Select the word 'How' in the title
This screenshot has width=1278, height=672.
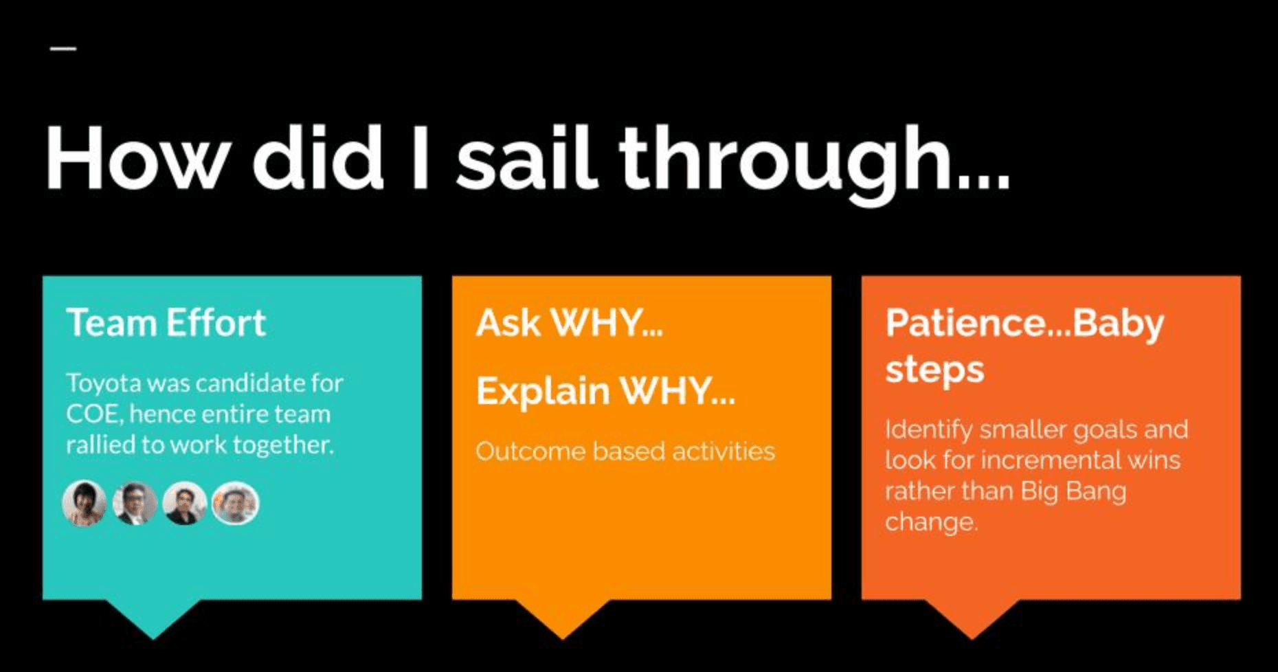137,157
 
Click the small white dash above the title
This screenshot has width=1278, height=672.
63,48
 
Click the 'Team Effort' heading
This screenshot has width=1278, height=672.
166,323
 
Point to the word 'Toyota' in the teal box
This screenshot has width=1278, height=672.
102,383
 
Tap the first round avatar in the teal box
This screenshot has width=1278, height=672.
85,503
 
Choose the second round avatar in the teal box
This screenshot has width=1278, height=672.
135,503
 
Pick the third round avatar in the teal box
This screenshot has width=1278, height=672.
185,503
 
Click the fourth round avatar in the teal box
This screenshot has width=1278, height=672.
236,503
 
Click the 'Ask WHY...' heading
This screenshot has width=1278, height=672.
570,323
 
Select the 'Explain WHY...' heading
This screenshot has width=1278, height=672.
605,392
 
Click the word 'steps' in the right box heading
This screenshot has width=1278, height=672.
934,371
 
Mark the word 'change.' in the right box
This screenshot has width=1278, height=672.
931,522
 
